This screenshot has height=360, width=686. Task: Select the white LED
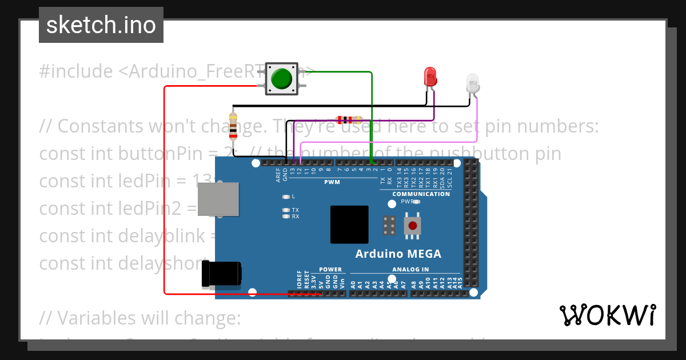coord(473,83)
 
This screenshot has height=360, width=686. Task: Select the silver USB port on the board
coord(218,200)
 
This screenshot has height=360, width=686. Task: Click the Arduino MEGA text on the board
coord(398,254)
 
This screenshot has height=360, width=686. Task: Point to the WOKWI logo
coord(607,315)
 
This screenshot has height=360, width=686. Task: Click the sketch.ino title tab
coord(101,25)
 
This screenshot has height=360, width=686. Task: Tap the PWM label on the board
coord(332,182)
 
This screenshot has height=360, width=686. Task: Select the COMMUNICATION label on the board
coord(421,194)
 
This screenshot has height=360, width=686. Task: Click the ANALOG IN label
coord(410,269)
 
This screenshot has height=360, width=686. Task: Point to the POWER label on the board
coord(330,269)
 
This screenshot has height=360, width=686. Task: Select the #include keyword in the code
coord(76,71)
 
